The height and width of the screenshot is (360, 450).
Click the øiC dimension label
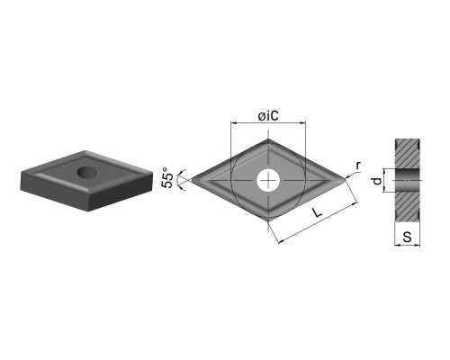[268, 116]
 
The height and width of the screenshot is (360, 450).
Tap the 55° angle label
[167, 180]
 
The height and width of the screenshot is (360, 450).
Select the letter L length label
[317, 212]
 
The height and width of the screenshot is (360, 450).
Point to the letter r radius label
[358, 166]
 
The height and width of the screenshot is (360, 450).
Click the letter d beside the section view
[378, 181]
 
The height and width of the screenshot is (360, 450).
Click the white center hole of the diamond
[268, 181]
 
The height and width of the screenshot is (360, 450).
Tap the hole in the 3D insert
[87, 172]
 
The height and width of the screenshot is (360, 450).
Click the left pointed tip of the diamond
[192, 180]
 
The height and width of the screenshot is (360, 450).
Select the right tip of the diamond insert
[345, 180]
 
